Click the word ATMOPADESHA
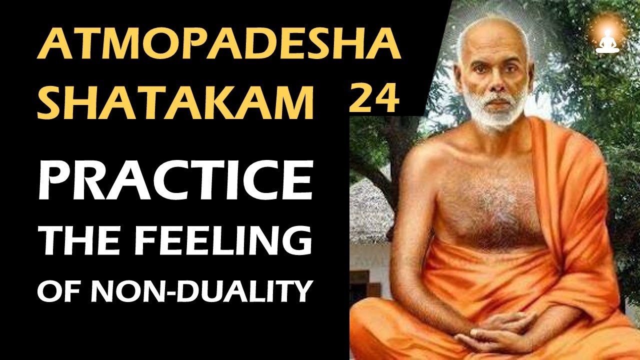pos(219,45)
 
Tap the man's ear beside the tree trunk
pos(459,82)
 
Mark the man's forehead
pos(492,52)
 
